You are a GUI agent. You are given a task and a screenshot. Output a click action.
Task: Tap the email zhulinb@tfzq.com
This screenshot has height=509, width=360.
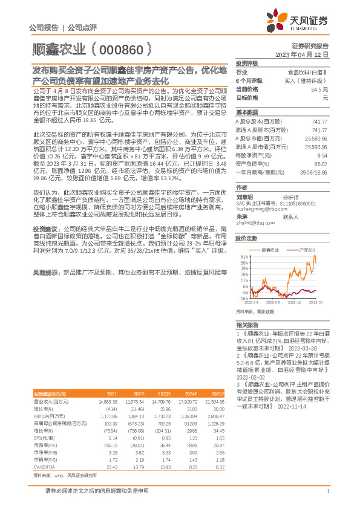click(252, 206)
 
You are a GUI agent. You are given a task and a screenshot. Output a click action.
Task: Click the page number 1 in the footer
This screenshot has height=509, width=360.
click(327, 490)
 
